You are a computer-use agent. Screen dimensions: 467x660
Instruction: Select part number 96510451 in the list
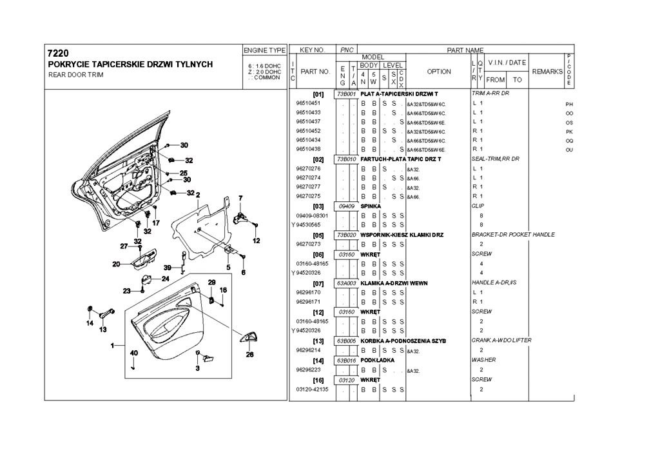click(308, 103)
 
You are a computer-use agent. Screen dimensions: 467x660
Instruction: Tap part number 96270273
click(308, 244)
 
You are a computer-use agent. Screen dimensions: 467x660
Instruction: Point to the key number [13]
click(318, 341)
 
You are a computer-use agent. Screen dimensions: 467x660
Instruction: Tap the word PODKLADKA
click(377, 360)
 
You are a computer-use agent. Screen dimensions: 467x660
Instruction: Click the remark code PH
click(569, 104)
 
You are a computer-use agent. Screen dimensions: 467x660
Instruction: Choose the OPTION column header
click(439, 72)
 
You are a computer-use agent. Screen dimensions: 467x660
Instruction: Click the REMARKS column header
click(547, 72)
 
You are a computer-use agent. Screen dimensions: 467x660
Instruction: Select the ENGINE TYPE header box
click(264, 50)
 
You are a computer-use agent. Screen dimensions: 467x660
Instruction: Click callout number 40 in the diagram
click(134, 353)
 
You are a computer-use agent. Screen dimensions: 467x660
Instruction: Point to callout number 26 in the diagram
click(250, 353)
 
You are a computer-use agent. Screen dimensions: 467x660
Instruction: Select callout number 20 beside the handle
click(116, 264)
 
